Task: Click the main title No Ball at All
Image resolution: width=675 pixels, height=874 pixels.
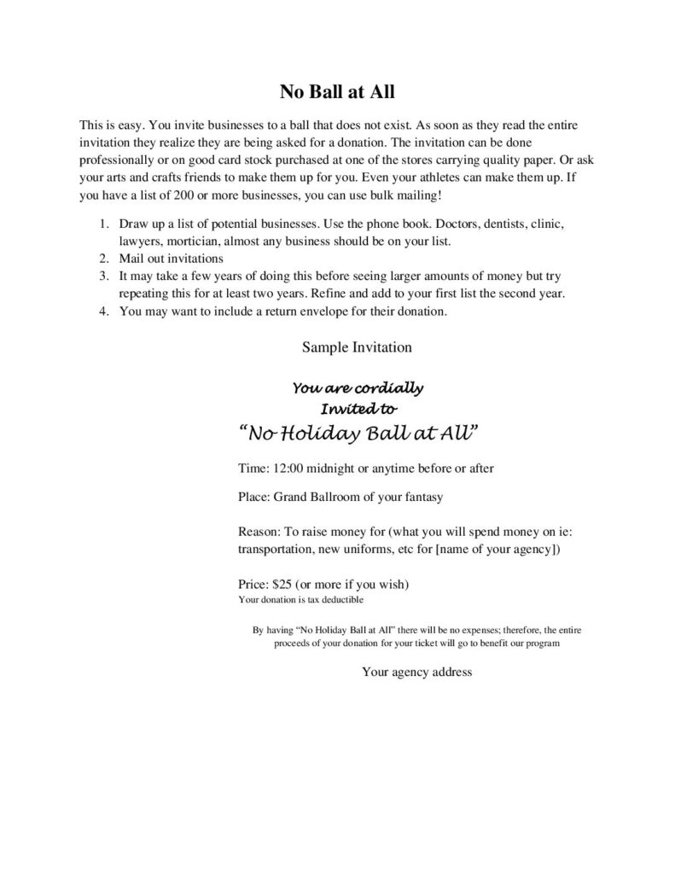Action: [x=337, y=91]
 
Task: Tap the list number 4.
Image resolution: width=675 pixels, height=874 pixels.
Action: [x=102, y=312]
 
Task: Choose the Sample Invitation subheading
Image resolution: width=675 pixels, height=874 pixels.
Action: [x=357, y=347]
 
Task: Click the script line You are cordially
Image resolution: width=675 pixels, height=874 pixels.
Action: [x=358, y=388]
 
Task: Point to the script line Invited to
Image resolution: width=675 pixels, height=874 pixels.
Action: [x=358, y=407]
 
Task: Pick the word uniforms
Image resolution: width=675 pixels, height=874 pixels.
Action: [x=364, y=548]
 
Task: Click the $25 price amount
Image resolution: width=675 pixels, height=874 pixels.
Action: [x=282, y=585]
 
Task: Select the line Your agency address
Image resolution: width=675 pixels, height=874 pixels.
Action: [x=416, y=673]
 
